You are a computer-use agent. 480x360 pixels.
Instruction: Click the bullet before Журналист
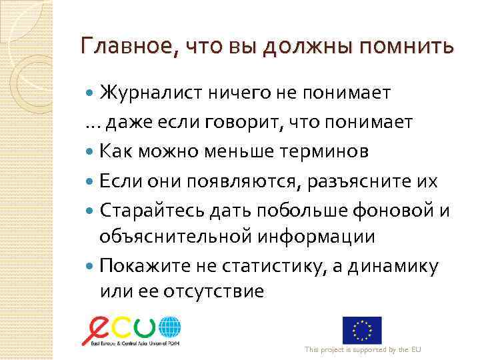coord(92,93)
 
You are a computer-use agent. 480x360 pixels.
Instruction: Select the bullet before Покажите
coord(92,266)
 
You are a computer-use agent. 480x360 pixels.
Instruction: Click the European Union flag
coord(362,330)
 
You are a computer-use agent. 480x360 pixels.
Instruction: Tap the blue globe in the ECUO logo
coord(169,329)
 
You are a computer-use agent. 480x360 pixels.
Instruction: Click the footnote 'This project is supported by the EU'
coord(363,350)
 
